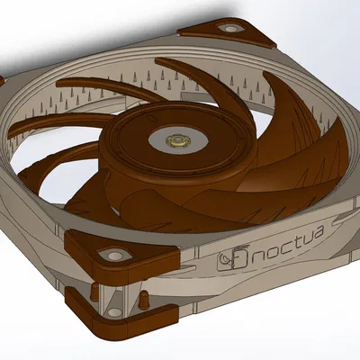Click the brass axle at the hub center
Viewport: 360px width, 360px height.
[x=176, y=139]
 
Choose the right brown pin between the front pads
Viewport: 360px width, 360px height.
[x=143, y=295]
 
